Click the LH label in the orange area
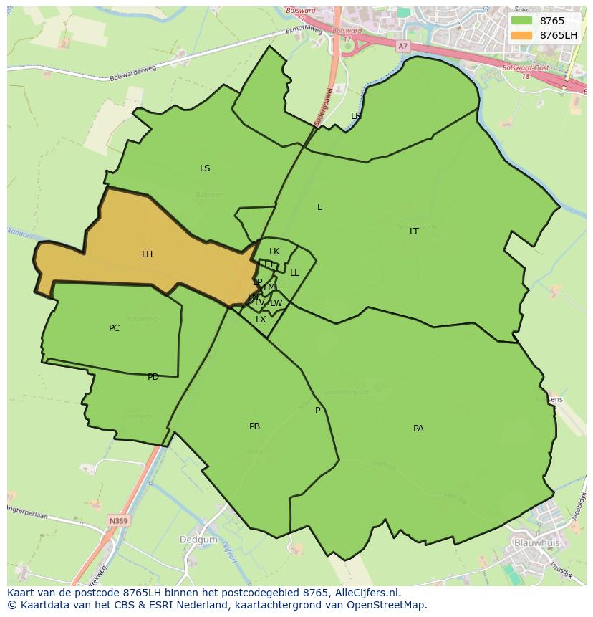147,254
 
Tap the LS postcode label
205,168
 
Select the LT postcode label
414,231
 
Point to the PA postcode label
418,429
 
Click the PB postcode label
254,426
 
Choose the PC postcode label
115,328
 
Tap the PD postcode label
153,377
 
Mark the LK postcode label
274,252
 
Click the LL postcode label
294,273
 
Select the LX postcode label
261,320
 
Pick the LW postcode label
276,303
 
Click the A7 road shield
402,46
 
